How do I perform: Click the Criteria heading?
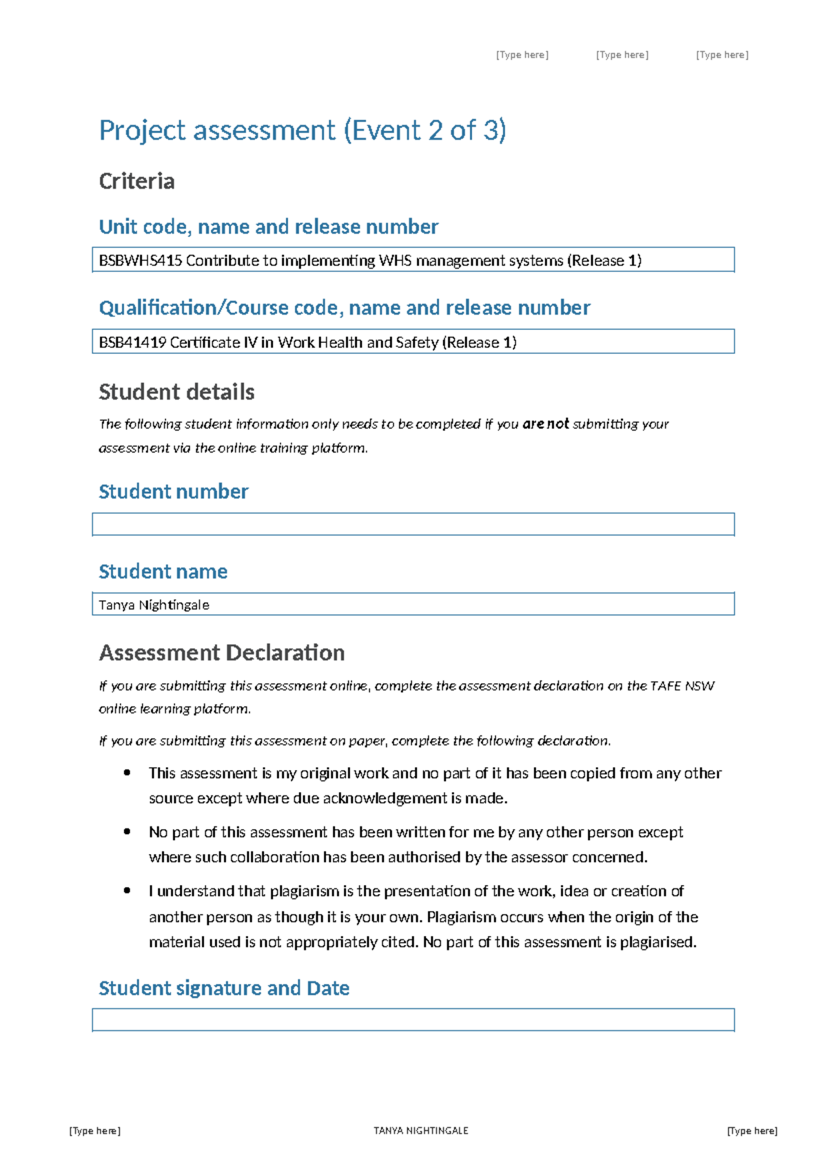click(x=136, y=181)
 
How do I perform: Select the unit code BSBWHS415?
click(x=141, y=261)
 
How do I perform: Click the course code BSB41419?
click(x=132, y=342)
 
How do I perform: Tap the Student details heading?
click(x=176, y=392)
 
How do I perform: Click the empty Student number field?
click(x=413, y=524)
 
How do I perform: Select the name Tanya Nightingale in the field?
click(x=154, y=605)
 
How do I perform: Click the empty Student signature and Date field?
click(x=413, y=1020)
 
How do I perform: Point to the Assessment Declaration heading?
click(x=221, y=652)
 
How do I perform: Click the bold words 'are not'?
click(x=545, y=424)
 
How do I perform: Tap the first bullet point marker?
click(x=127, y=773)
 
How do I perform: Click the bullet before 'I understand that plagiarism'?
click(x=127, y=890)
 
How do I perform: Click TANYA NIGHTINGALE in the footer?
click(x=420, y=1130)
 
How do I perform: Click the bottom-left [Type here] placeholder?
click(x=95, y=1130)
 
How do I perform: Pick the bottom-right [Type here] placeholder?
click(x=752, y=1130)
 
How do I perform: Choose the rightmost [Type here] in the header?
click(x=722, y=55)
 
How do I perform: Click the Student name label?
click(x=163, y=571)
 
